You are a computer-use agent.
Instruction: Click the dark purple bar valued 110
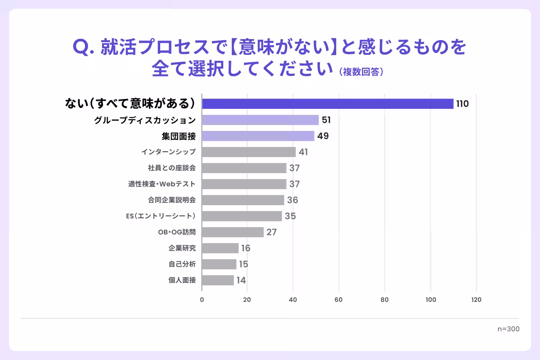point(328,103)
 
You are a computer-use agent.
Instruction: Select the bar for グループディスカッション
point(260,120)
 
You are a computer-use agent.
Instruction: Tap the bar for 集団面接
point(258,136)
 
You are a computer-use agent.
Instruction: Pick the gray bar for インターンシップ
point(248,152)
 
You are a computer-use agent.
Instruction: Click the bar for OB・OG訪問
point(233,232)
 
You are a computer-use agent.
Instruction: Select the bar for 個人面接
point(218,280)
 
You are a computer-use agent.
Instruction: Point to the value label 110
point(462,104)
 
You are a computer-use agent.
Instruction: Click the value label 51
point(326,120)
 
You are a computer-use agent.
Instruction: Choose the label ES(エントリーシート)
point(161,216)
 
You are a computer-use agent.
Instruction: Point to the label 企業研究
point(182,248)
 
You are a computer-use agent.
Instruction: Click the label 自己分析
point(182,264)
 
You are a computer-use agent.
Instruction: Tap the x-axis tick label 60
point(339,300)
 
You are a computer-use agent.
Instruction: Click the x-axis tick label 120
point(476,300)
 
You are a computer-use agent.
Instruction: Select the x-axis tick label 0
point(202,300)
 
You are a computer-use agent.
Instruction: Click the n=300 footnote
point(508,329)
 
